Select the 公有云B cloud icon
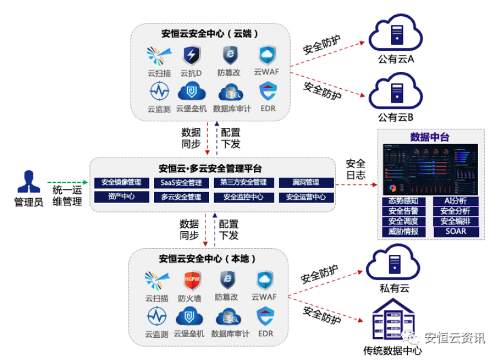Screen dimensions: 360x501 [x=396, y=92]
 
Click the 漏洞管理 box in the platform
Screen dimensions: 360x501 [x=306, y=182]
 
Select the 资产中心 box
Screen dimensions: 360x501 [x=121, y=196]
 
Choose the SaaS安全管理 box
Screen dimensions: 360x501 [x=181, y=182]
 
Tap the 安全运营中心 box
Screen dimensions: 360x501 [x=306, y=196]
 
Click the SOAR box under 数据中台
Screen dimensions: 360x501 [x=456, y=231]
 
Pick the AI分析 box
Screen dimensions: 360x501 [x=456, y=201]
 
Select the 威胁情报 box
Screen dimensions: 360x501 [x=404, y=231]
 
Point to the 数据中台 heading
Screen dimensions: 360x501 [x=430, y=137]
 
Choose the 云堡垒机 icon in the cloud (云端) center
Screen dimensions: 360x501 [x=192, y=92]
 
